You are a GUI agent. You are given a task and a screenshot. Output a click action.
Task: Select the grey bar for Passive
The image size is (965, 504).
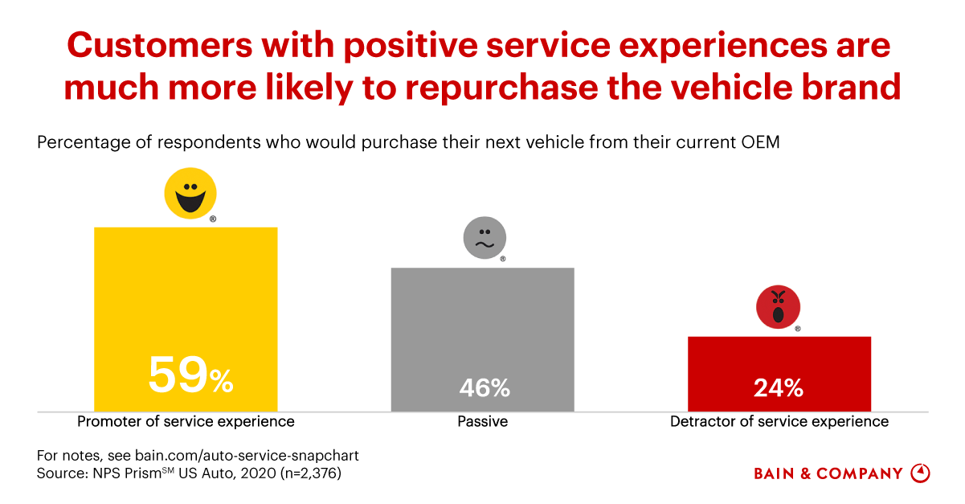pyautogui.click(x=482, y=322)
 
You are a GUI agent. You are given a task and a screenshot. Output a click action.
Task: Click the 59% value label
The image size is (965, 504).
pyautogui.click(x=190, y=375)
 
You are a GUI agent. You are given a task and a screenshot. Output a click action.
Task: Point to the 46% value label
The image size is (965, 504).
pyautogui.click(x=485, y=388)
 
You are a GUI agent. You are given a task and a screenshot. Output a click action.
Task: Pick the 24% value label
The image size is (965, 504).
pyautogui.click(x=779, y=388)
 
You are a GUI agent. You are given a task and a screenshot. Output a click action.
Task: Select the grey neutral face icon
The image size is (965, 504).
pyautogui.click(x=485, y=239)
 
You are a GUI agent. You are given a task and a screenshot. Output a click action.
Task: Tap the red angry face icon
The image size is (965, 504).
pyautogui.click(x=778, y=307)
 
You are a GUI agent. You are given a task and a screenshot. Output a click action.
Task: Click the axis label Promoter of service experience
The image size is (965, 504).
pyautogui.click(x=186, y=421)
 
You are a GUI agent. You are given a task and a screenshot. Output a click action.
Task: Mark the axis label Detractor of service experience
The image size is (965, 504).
pyautogui.click(x=779, y=421)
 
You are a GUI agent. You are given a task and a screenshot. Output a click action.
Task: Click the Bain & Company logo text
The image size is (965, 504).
pyautogui.click(x=828, y=473)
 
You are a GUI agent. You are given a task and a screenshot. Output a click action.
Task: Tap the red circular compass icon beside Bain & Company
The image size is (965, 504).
pyautogui.click(x=920, y=473)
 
